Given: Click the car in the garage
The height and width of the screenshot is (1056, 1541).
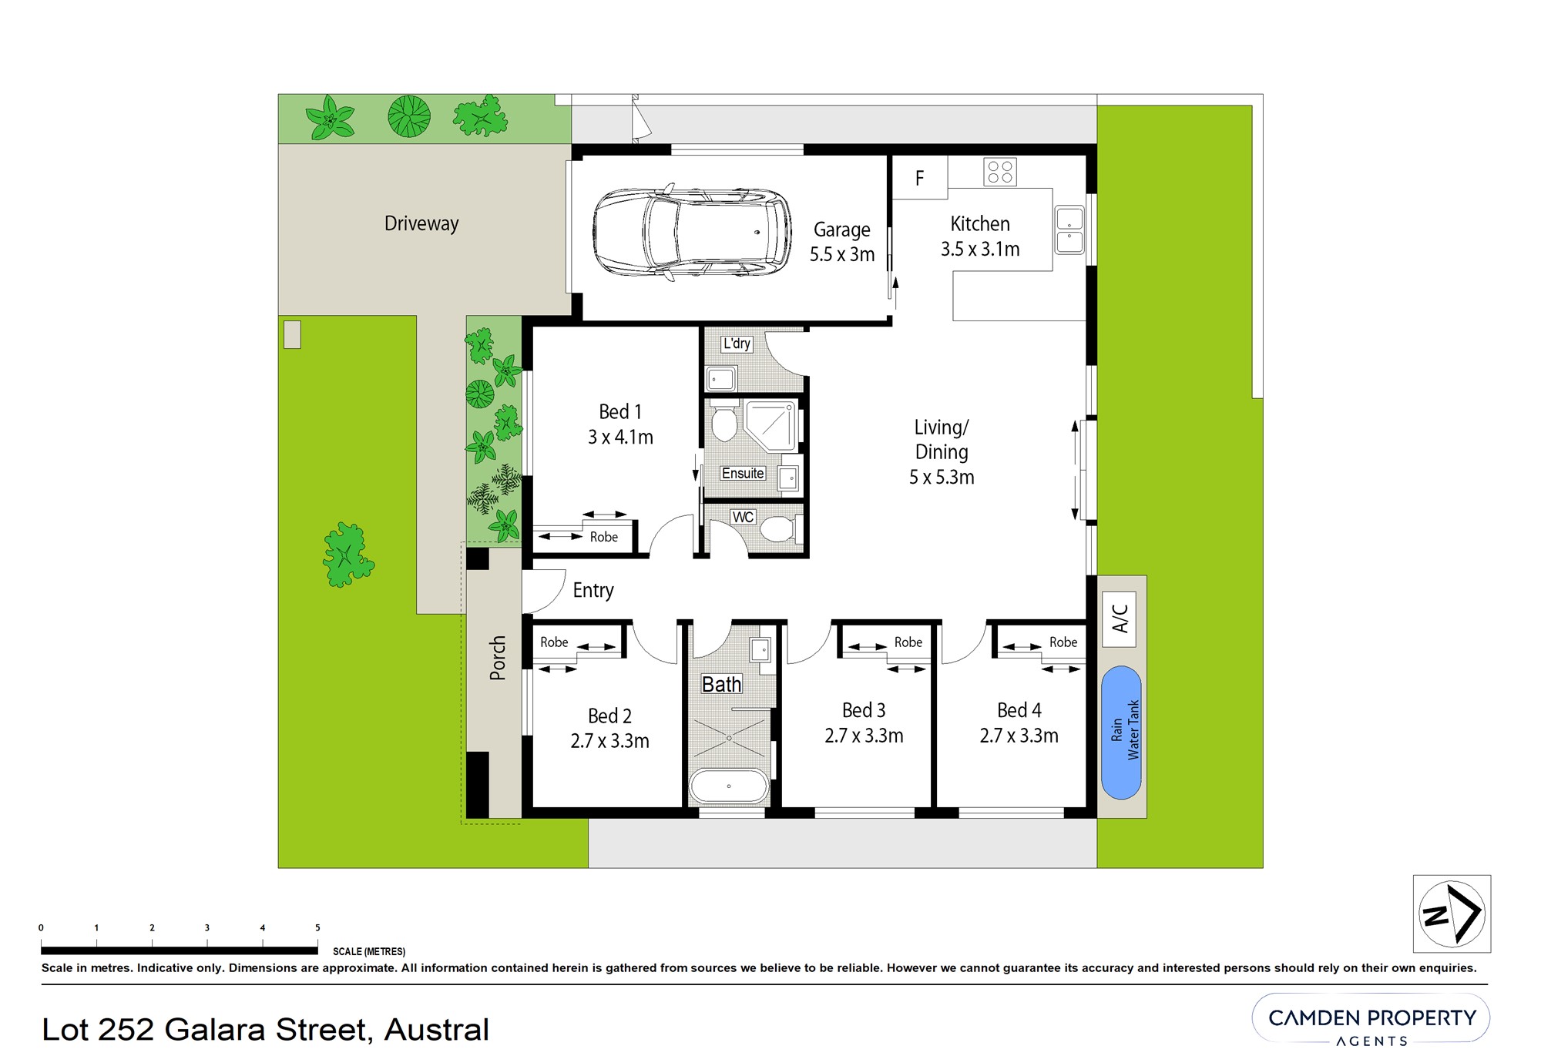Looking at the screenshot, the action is coord(692,232).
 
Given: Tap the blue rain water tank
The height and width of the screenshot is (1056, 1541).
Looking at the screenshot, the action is coord(1121,732).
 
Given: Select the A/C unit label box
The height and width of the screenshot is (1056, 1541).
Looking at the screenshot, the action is coord(1120,618).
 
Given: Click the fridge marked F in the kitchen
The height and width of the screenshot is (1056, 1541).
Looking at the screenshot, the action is coord(920,178).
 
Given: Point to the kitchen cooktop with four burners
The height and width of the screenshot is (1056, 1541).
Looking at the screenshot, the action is coord(1000,172).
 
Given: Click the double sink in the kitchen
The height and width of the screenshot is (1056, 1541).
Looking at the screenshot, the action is coord(1069,230).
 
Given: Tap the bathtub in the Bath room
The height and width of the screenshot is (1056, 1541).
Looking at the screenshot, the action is coord(729,786).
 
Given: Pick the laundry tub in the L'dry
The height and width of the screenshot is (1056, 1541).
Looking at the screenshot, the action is coord(721,379).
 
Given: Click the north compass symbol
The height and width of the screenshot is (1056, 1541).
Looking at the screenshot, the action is coord(1452,914).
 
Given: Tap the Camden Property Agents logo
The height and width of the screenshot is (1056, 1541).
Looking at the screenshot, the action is coord(1371,1021).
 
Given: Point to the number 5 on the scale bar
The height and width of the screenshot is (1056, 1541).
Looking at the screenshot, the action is coord(317,928).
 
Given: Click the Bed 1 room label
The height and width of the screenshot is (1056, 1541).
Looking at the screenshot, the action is coord(620,412).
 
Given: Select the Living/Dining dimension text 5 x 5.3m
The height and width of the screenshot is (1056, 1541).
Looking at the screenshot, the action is coord(942,478).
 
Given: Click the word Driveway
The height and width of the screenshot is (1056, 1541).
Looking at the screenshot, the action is coord(421,223).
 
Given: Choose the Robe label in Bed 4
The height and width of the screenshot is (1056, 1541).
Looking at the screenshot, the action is coord(1063,642).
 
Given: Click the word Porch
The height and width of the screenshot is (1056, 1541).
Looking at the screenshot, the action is coord(498,658).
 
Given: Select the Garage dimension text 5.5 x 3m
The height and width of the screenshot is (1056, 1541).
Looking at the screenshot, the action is coord(842,255).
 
